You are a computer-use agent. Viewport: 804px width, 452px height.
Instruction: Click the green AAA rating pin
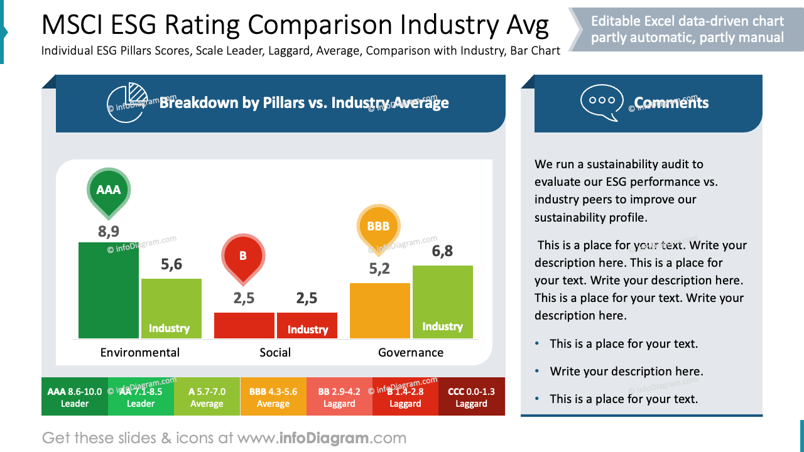coord(108,190)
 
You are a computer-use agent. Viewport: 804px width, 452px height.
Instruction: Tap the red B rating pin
coord(243,256)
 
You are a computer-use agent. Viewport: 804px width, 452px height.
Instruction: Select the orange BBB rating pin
coord(378,227)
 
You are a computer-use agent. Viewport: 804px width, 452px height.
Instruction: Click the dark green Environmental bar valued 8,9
coord(108,290)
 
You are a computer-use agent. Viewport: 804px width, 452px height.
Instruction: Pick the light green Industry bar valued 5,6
coord(171,308)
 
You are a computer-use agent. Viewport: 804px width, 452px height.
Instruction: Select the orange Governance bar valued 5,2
coord(379,311)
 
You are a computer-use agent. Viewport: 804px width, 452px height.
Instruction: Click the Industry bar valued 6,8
coord(442,302)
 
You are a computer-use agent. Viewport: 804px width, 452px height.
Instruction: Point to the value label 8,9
coord(108,232)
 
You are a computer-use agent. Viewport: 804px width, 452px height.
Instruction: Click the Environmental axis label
coord(139,353)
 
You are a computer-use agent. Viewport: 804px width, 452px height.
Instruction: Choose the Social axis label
coord(275,353)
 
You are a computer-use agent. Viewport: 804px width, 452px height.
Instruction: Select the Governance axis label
coord(411,353)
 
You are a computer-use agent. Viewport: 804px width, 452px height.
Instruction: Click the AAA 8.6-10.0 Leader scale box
coord(75,397)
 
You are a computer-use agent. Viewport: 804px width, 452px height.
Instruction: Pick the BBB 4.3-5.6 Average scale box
coord(273,397)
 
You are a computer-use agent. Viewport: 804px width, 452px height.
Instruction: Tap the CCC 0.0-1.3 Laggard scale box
coord(471,397)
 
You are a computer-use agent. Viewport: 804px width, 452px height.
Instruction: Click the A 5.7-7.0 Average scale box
coord(207,397)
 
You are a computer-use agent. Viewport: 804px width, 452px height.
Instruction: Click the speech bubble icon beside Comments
coord(601,102)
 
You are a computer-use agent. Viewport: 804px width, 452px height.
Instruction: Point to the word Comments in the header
coord(671,103)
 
